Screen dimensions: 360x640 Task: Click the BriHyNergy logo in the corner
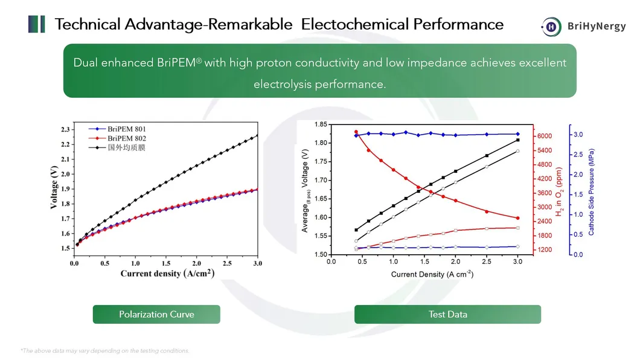click(583, 26)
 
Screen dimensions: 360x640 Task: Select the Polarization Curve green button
click(156, 314)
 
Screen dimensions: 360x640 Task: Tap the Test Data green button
click(447, 314)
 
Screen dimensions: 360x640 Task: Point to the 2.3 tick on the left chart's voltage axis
click(65, 129)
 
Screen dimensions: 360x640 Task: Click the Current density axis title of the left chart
click(167, 274)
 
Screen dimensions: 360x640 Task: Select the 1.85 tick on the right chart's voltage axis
click(321, 124)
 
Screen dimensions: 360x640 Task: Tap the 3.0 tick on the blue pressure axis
click(578, 134)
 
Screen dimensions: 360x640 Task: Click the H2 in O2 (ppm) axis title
click(560, 192)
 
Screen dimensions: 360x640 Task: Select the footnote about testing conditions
click(105, 350)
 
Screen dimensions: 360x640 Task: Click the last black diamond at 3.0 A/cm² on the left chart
click(258, 135)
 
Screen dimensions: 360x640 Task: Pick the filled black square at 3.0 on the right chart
click(517, 140)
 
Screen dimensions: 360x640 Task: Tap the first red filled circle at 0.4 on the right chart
click(356, 132)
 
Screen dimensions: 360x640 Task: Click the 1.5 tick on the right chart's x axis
click(424, 262)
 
